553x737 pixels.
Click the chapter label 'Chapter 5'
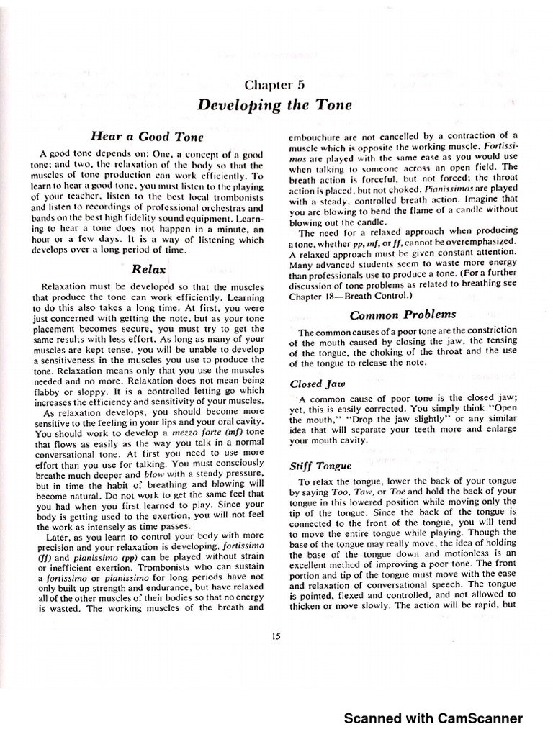point(274,84)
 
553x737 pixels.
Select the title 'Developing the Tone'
point(274,105)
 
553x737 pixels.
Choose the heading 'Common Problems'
point(403,315)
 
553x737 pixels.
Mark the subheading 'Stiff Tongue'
point(319,466)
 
